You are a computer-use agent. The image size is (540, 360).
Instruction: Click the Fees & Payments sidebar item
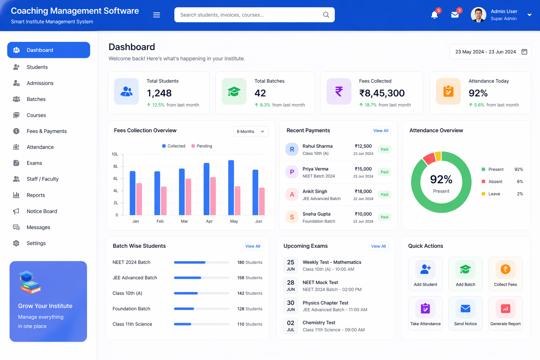pos(46,131)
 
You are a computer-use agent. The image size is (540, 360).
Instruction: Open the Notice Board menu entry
pos(41,211)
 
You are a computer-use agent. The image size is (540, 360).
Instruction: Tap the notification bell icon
pos(435,15)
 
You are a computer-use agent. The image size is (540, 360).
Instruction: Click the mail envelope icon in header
pos(455,15)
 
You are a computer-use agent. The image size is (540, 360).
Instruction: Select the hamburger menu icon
pos(157,15)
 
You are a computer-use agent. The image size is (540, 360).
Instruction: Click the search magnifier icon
pos(326,15)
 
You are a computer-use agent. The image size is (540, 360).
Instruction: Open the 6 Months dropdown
pos(250,131)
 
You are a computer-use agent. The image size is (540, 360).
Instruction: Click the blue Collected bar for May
pos(231,188)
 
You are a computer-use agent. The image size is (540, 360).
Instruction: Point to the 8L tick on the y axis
pos(115,167)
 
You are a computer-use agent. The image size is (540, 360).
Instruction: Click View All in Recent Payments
pos(381,131)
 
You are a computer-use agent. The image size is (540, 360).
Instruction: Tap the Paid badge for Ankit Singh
pos(385,194)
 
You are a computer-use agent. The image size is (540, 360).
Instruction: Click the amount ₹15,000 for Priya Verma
pos(363,169)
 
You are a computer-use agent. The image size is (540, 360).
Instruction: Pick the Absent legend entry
pos(495,182)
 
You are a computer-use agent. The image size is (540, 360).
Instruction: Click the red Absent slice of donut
pos(429,158)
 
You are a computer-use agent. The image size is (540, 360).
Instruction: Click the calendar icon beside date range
pos(524,52)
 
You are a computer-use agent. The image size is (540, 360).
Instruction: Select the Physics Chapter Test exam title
pos(325,303)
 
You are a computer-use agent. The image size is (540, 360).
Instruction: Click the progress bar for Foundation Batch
pos(201,309)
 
